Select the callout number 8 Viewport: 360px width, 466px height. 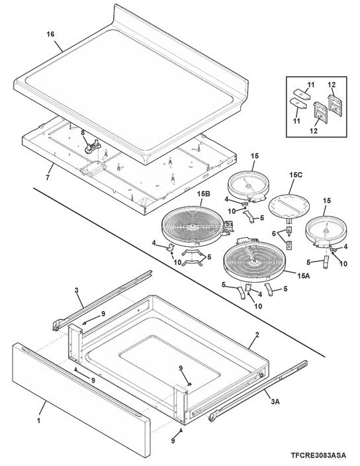tap(83, 132)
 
